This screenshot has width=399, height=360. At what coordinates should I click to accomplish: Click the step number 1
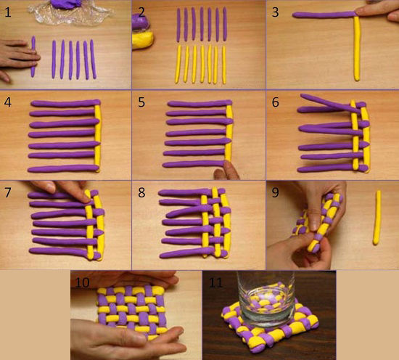pos(8,12)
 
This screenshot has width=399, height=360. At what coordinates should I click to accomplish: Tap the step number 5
pos(141,102)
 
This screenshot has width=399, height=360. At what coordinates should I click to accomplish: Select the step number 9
pos(276,193)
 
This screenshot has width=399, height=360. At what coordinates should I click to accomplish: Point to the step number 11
pos(215,282)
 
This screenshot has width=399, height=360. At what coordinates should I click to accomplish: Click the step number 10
pos(82,282)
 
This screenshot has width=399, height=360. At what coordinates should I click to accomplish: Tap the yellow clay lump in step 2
pos(142,39)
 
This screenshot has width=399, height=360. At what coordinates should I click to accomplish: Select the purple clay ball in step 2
pos(141,22)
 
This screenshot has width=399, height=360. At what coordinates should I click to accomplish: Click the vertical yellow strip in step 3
pos(357,49)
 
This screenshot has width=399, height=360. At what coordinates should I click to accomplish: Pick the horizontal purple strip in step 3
pos(324,15)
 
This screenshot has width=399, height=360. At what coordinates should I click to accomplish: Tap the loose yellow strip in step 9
pos(377,218)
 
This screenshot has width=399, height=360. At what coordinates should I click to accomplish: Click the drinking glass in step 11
pos(266,299)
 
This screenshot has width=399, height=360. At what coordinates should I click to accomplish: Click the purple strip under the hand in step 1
pos(33,57)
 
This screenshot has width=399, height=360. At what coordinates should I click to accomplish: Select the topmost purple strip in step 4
pos(65,103)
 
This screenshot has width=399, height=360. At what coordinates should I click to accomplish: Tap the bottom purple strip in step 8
pos(194,253)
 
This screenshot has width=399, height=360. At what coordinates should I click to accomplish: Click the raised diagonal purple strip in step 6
pos(331,103)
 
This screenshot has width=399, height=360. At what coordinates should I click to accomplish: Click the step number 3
pos(275,12)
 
